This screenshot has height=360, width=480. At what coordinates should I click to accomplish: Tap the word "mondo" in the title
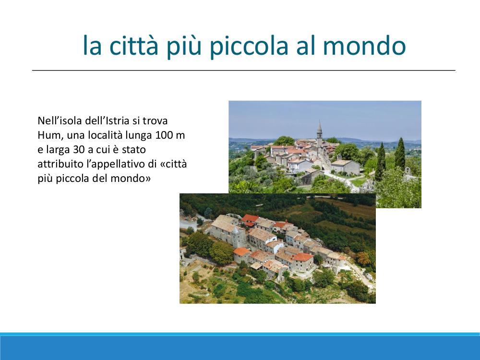click(364, 45)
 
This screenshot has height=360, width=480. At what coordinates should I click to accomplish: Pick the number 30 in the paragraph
click(80, 149)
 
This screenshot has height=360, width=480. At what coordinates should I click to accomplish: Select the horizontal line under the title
click(244, 71)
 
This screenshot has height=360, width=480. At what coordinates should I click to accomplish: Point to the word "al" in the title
click(305, 45)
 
